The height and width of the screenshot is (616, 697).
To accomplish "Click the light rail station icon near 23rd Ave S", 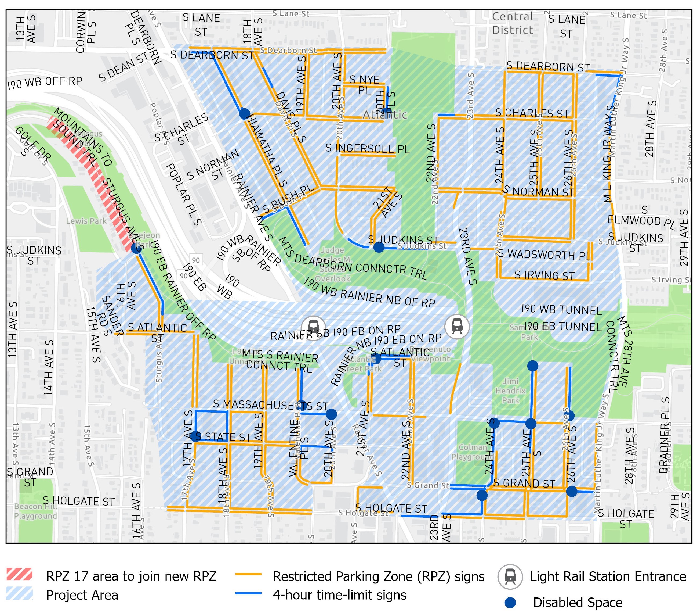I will pyautogui.click(x=457, y=327).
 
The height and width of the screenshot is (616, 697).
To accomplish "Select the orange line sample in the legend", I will pyautogui.click(x=248, y=574).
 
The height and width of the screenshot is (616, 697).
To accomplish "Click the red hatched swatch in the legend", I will pyautogui.click(x=19, y=574).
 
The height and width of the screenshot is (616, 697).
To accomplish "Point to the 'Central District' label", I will pyautogui.click(x=513, y=23).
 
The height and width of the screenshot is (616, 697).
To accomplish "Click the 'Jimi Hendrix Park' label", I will pyautogui.click(x=510, y=391).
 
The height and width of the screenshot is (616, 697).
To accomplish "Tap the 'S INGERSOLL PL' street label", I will pyautogui.click(x=367, y=148).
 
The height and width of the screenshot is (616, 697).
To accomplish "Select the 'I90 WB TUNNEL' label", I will pyautogui.click(x=561, y=310).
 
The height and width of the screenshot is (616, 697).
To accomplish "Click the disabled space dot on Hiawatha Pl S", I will pyautogui.click(x=245, y=113).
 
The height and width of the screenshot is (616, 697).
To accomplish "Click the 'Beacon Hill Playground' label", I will pyautogui.click(x=35, y=511).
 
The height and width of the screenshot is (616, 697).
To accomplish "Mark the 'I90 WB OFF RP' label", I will pyautogui.click(x=45, y=82).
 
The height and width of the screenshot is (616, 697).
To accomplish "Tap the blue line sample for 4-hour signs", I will pyautogui.click(x=248, y=593).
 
